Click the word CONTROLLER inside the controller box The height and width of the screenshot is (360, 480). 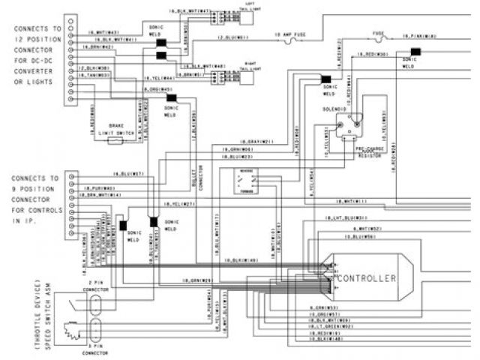click(x=367, y=278)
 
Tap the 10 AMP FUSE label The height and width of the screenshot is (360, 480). click(x=289, y=35)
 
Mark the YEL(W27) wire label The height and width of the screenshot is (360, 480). click(x=179, y=204)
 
